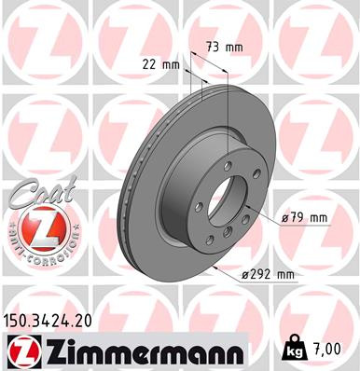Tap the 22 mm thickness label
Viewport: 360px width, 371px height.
(159, 64)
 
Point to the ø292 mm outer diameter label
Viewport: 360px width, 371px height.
(269, 274)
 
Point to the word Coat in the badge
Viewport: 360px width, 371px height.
(38, 192)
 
